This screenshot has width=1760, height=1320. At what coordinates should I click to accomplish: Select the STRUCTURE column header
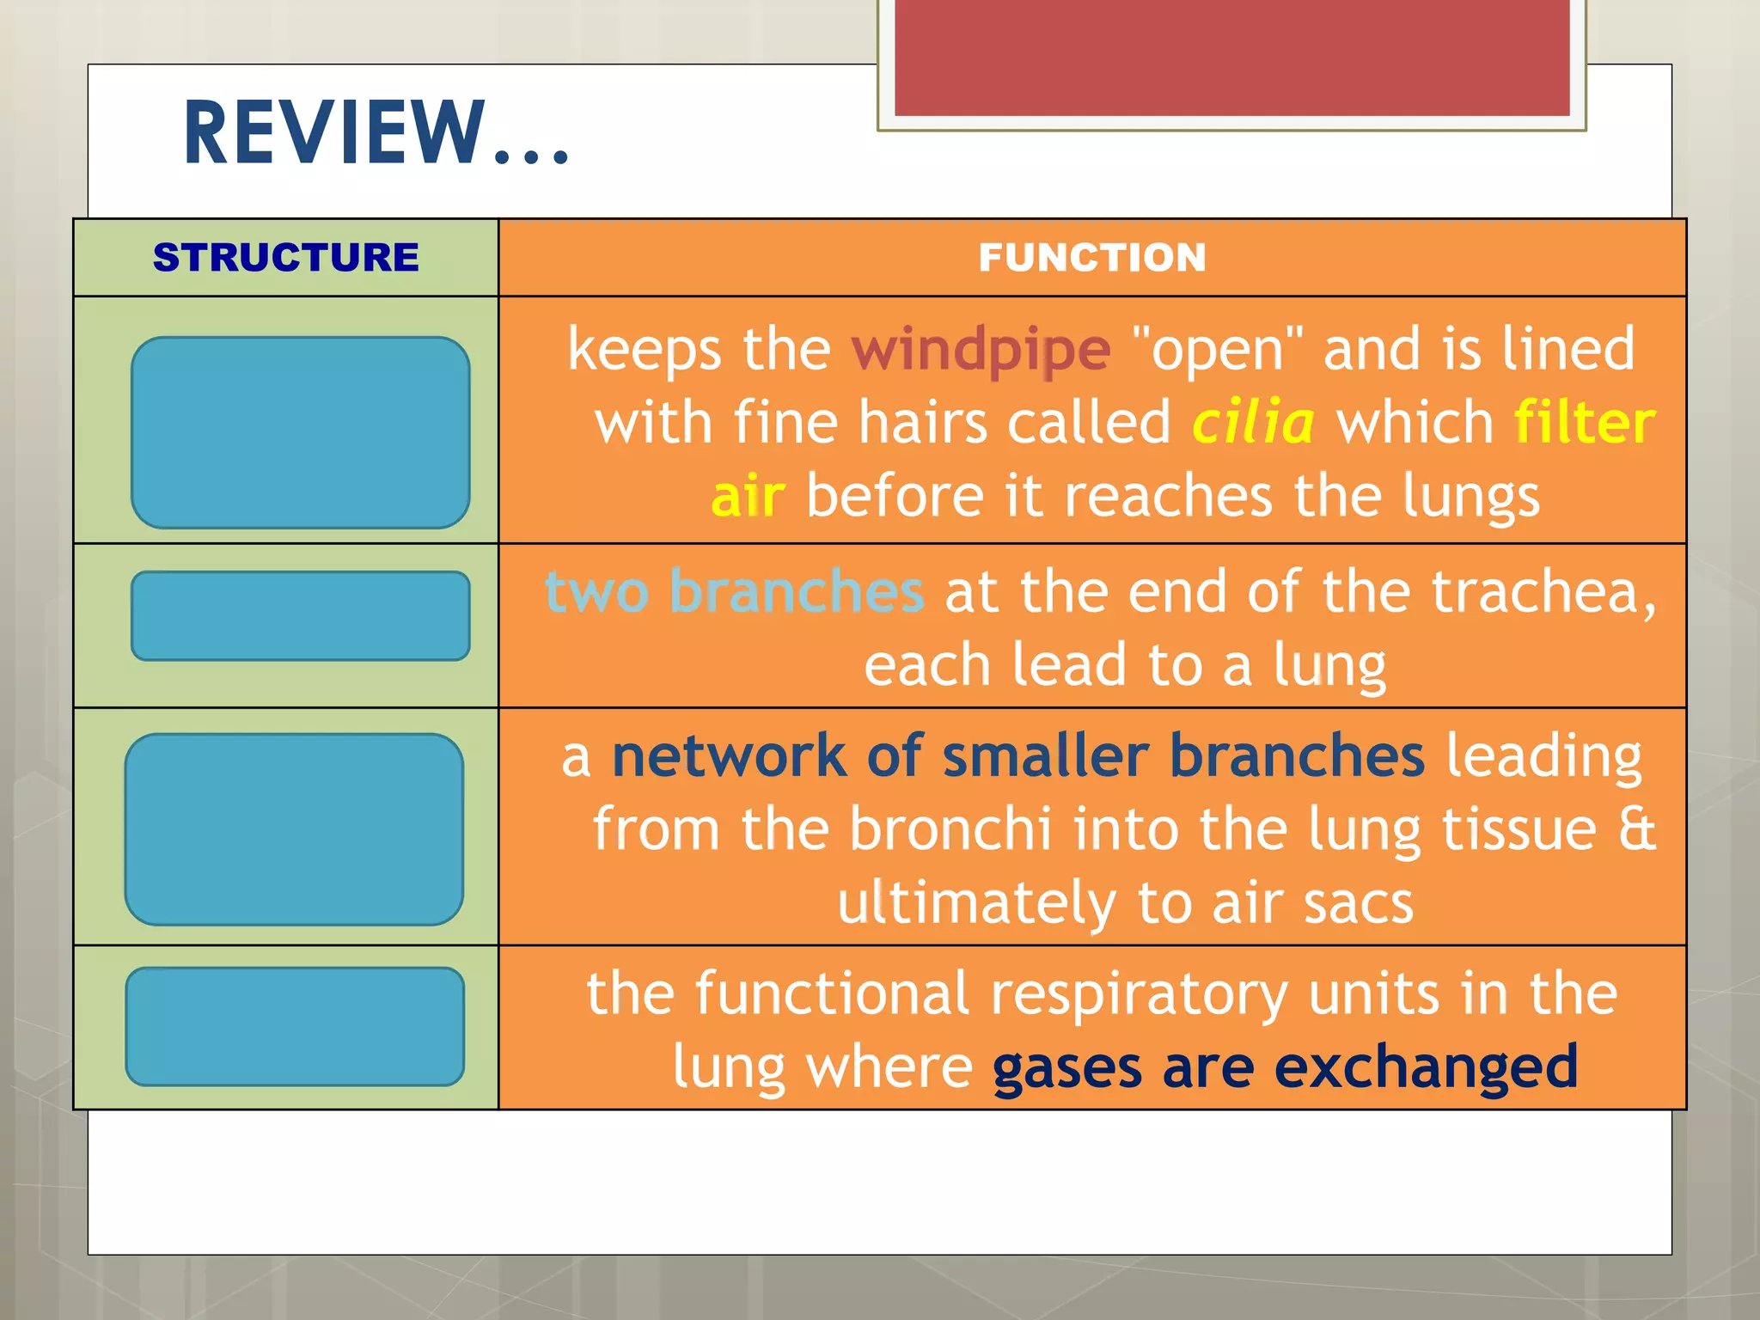[x=285, y=258]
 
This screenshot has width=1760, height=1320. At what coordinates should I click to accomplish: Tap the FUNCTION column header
[x=1091, y=258]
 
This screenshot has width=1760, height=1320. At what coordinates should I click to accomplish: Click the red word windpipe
[x=981, y=351]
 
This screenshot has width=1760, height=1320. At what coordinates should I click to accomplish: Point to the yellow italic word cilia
[x=1252, y=423]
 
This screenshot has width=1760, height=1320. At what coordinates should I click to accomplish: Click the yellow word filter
[x=1583, y=423]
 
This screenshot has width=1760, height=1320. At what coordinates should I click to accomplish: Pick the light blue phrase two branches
[x=735, y=592]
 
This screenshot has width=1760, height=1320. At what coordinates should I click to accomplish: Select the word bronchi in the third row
[x=950, y=829]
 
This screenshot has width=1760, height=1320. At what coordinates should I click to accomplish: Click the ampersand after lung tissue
[x=1636, y=829]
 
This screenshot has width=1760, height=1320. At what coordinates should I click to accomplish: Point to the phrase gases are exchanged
[x=1285, y=1066]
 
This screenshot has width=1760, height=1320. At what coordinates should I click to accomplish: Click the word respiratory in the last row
[x=1139, y=994]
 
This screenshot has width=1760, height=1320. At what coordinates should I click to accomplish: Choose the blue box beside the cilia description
[x=300, y=432]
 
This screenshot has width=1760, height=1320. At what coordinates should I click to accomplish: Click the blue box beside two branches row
[x=300, y=616]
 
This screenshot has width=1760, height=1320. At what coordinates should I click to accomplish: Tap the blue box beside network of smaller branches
[x=294, y=829]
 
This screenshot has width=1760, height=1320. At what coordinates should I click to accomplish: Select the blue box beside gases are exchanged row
[x=295, y=1026]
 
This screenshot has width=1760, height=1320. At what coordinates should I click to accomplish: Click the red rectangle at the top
[x=1231, y=58]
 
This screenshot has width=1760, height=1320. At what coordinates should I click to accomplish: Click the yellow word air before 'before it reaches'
[x=748, y=498]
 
